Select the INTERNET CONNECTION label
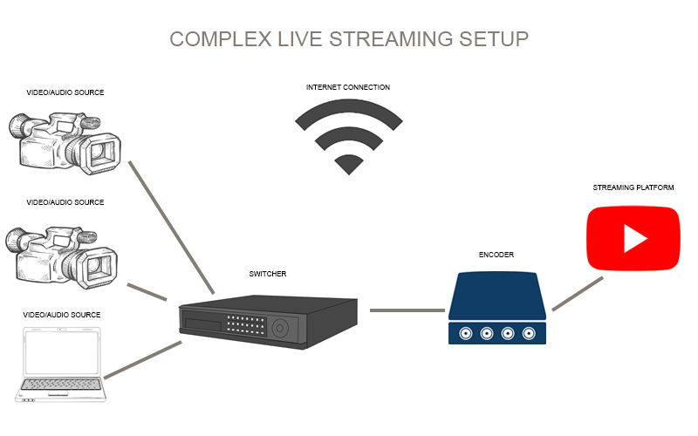point(348,87)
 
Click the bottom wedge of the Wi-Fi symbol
point(348,163)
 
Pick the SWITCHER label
point(268,274)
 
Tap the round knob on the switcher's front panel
point(280,328)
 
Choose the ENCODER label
point(496,255)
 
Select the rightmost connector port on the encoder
point(530,333)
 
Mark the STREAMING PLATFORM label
point(633,187)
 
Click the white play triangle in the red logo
point(634,238)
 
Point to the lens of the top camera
point(104,153)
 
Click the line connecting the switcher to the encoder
point(407,310)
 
